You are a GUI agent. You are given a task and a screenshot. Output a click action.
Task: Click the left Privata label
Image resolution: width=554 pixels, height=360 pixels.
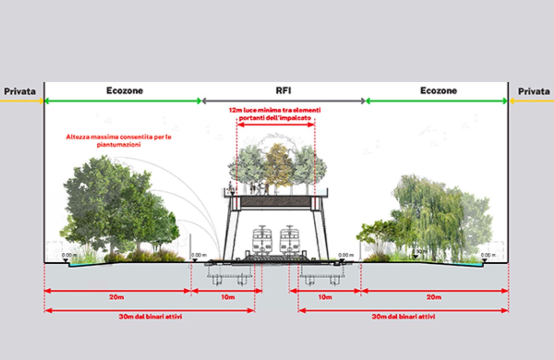pos(20,91)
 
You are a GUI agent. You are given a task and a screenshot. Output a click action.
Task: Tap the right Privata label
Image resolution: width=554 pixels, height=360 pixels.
pos(534,91)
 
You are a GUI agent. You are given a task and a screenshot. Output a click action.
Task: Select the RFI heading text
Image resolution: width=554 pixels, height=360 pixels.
pos(283,91)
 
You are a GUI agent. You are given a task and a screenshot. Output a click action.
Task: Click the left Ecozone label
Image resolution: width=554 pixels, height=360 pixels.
pos(125,91)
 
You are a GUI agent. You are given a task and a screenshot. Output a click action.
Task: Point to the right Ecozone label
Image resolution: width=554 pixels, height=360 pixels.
pos(438,91)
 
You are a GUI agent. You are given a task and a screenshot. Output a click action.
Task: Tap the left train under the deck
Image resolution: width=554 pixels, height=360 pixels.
pos(262,240)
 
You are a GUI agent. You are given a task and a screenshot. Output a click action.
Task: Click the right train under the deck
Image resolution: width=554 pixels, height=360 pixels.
pos(290,240)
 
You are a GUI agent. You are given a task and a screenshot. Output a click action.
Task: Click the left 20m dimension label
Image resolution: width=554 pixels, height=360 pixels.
pos(116,298)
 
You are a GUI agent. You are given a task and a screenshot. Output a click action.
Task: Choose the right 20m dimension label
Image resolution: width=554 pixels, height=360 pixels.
pos(434,298)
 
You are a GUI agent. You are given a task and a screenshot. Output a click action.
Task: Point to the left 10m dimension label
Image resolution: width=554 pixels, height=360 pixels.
pos(227,298)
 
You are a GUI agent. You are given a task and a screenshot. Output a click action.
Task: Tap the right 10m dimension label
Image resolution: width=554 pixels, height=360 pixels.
pos(325,298)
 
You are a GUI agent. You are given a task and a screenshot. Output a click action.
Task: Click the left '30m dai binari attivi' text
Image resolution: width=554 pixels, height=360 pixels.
pos(151,316)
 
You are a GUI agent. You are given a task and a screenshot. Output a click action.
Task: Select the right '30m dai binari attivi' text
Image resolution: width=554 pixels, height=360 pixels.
pos(403,316)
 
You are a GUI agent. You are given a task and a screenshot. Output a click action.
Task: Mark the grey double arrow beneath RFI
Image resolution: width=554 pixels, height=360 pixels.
pos(283,101)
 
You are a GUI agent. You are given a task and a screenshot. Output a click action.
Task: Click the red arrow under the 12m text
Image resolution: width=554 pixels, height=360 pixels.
pos(276,125)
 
